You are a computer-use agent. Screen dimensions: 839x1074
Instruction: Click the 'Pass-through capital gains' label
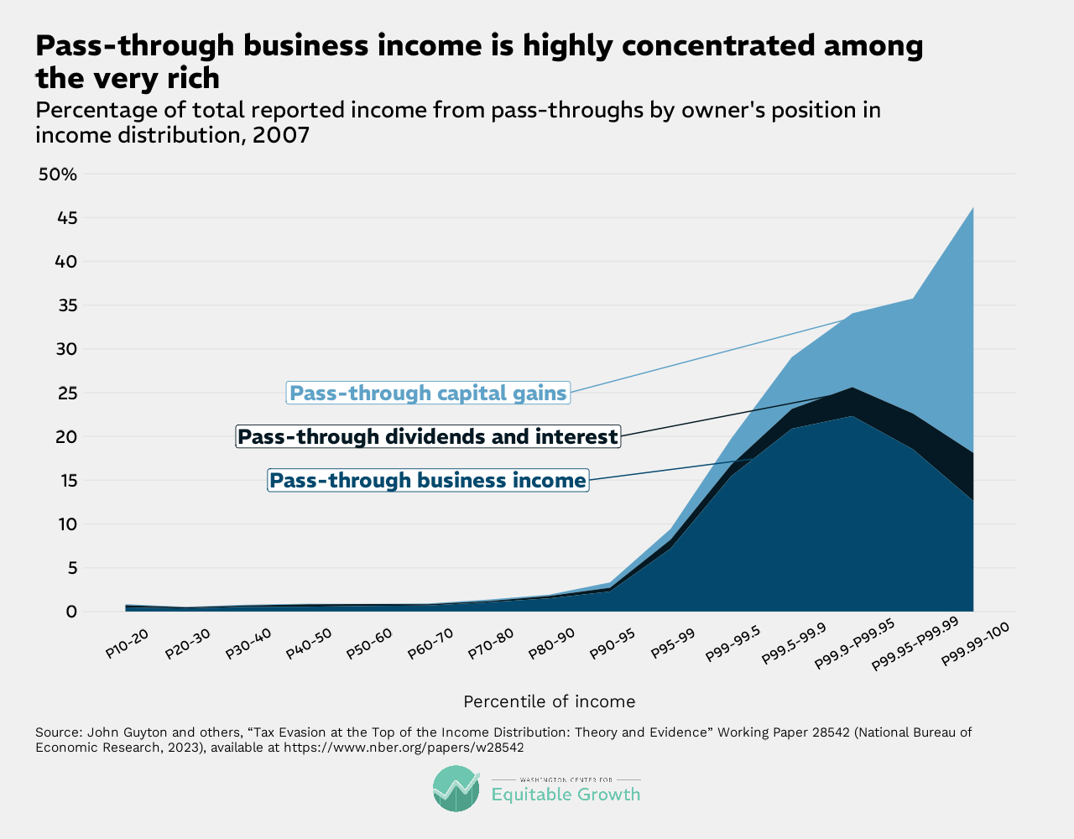[x=428, y=393]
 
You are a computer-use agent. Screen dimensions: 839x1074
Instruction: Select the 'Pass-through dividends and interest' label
[x=428, y=436]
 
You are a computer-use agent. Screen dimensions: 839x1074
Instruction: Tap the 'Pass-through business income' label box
[x=428, y=481]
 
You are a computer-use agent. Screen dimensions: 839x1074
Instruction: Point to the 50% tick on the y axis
[x=58, y=175]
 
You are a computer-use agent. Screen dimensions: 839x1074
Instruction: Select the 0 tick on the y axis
[x=71, y=612]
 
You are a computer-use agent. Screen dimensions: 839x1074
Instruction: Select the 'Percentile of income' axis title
[x=550, y=701]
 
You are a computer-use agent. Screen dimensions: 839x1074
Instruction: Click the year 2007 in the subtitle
[x=282, y=135]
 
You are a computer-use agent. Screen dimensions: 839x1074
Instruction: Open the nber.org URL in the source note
[x=404, y=747]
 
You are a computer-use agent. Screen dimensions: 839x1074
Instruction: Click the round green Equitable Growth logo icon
[x=456, y=789]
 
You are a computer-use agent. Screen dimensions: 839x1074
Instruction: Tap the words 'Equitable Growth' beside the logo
[x=566, y=794]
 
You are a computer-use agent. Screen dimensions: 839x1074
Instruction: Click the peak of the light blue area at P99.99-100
[x=972, y=207]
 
